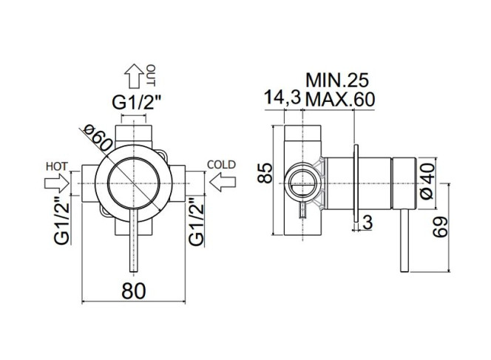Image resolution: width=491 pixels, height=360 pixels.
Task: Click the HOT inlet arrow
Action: [x=57, y=183]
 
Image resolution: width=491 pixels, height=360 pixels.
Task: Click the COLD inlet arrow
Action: [x=223, y=183]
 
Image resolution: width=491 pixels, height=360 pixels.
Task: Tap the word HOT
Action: [x=57, y=166]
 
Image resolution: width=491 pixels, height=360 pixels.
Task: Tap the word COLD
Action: [x=221, y=165]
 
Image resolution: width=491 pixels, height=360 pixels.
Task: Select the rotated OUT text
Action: [x=151, y=75]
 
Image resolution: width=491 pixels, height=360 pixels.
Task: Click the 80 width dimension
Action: [x=134, y=291]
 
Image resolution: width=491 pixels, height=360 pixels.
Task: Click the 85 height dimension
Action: [x=265, y=173]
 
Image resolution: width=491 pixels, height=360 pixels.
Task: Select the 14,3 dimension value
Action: [x=282, y=98]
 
